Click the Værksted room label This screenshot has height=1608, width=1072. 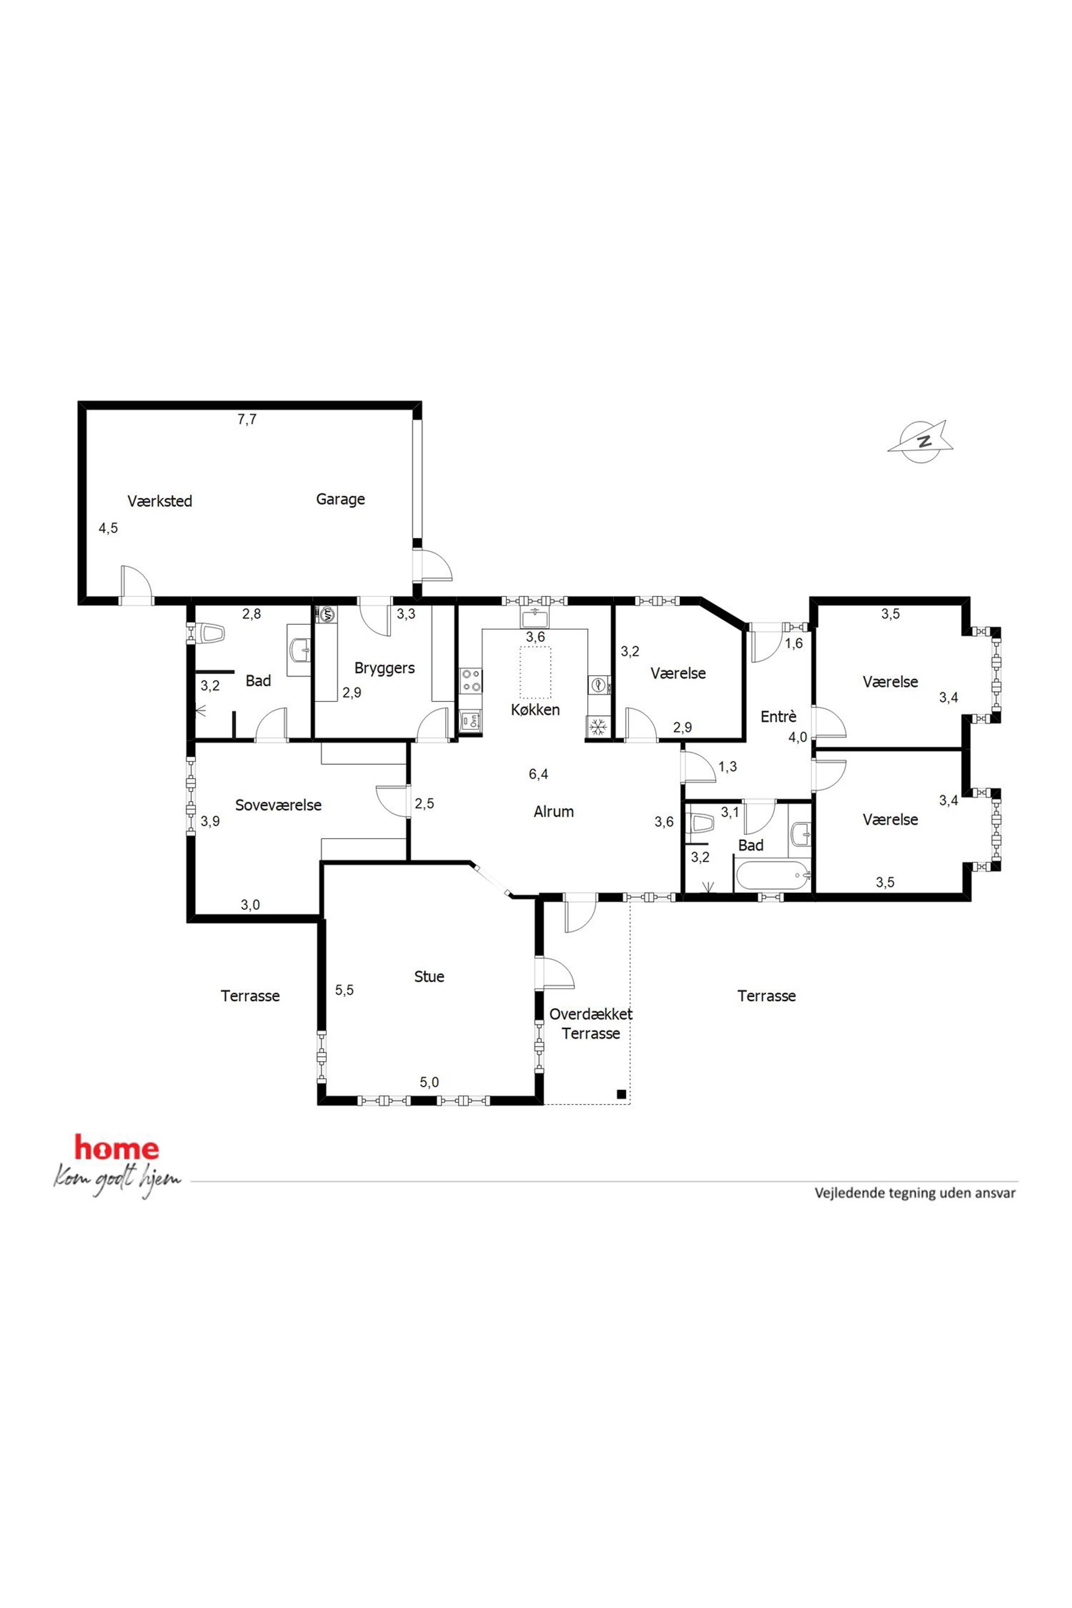pyautogui.click(x=160, y=501)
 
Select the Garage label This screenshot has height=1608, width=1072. pyautogui.click(x=340, y=500)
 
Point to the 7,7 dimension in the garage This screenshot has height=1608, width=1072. pyautogui.click(x=247, y=420)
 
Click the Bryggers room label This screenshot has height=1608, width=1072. pyautogui.click(x=384, y=668)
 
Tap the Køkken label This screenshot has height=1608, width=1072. pyautogui.click(x=535, y=709)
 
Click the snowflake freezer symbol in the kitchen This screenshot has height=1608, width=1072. pyautogui.click(x=598, y=727)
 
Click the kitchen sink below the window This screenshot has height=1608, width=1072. pyautogui.click(x=536, y=619)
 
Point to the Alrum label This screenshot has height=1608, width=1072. pyautogui.click(x=554, y=812)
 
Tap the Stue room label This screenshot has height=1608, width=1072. pyautogui.click(x=430, y=977)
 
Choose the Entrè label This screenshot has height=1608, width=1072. pyautogui.click(x=779, y=717)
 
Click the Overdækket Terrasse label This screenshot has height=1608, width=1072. pyautogui.click(x=591, y=1024)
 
